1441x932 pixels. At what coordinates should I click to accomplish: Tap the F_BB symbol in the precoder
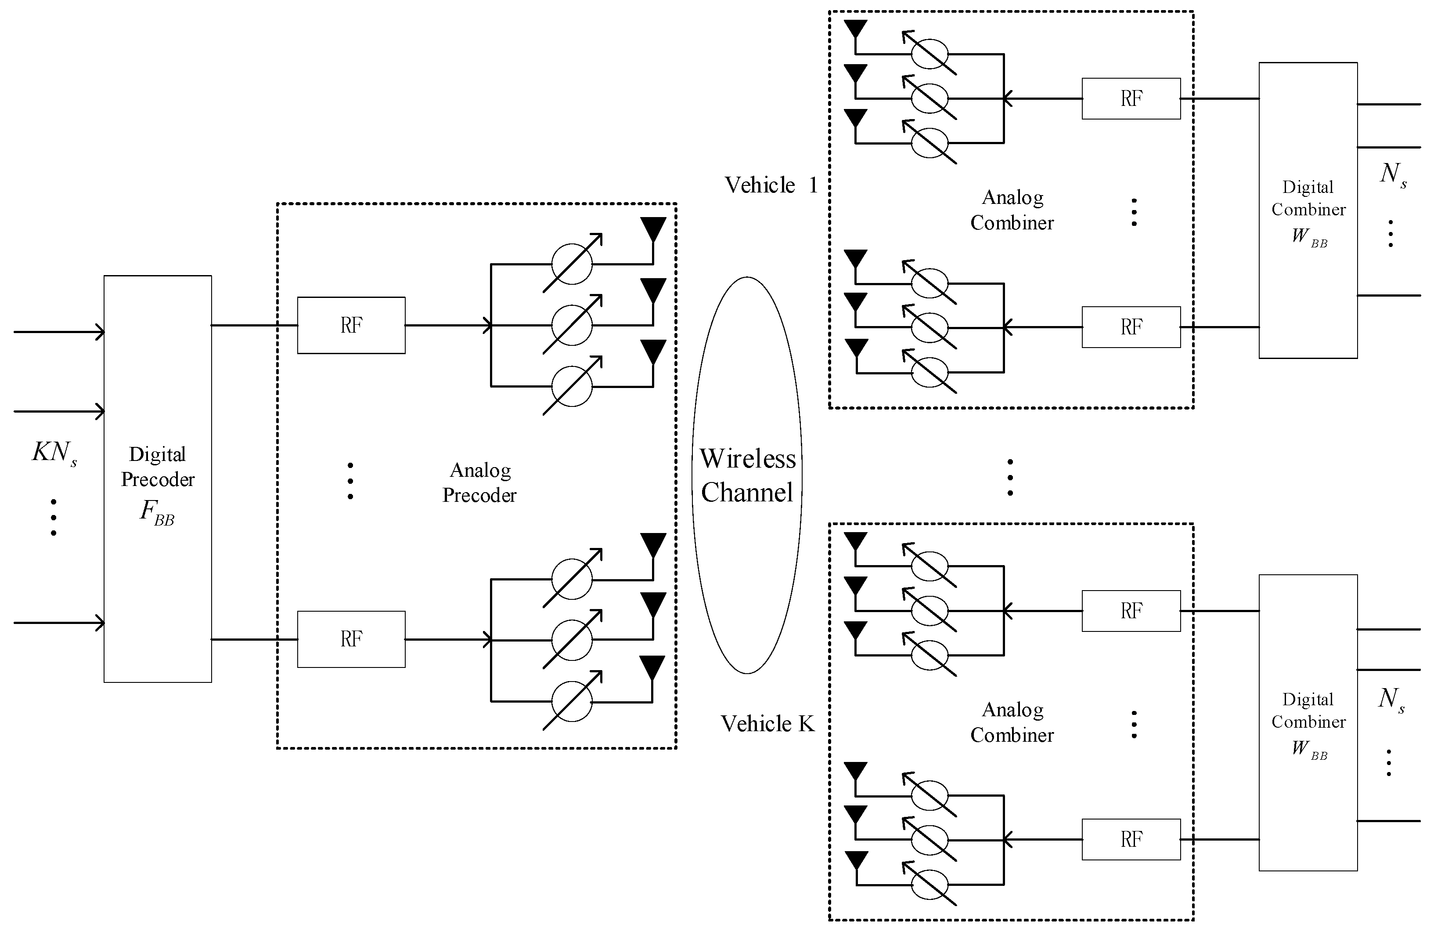coord(157,512)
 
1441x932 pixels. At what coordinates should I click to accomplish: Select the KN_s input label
coord(54,453)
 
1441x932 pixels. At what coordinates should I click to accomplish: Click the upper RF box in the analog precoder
coord(351,325)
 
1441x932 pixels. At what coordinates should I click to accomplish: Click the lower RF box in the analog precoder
coord(351,639)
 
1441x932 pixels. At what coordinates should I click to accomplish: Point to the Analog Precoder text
coord(479,482)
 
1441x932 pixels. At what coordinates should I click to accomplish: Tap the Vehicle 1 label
coord(771,185)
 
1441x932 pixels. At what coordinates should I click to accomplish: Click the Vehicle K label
coord(767,724)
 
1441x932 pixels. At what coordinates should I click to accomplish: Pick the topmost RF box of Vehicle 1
coord(1131,98)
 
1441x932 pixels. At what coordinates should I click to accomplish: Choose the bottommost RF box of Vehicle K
coord(1131,839)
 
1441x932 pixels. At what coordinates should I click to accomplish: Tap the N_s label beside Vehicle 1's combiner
coord(1393,174)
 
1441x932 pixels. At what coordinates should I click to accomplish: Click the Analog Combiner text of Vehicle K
coord(1012,722)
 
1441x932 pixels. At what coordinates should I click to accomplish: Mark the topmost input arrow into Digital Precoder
coord(59,332)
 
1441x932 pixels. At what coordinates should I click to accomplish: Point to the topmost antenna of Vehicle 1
coord(855,29)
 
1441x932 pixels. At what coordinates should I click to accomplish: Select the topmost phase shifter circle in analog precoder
coord(572,264)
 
